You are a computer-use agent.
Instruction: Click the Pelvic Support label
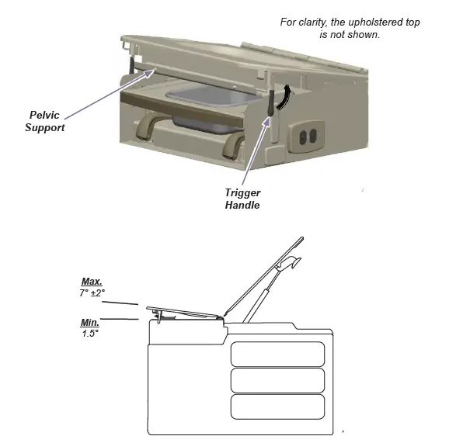44,120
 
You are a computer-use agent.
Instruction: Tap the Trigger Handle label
242,199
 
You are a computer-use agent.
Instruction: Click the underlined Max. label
92,281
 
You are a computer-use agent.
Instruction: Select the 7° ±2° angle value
92,292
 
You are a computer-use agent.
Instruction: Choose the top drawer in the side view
277,353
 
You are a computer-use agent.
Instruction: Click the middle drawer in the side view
277,379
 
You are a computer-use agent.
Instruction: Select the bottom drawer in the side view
277,407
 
